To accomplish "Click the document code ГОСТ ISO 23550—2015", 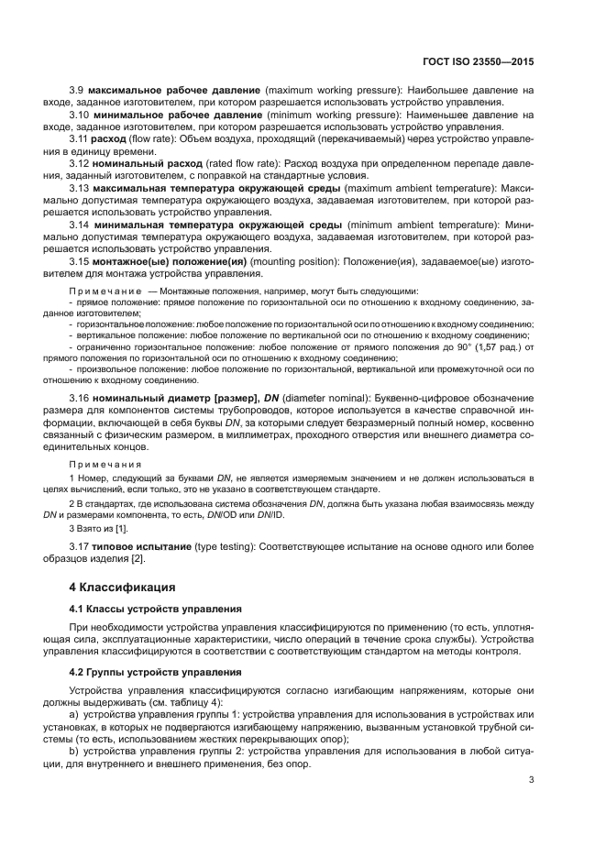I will coord(479,65).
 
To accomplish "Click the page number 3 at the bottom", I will coord(532,780).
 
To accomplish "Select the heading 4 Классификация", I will coord(125,586).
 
